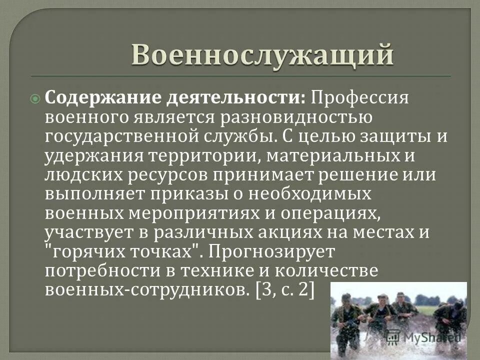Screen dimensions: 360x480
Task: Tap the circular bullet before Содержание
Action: pyautogui.click(x=35, y=99)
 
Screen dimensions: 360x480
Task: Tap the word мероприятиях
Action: pyautogui.click(x=224, y=212)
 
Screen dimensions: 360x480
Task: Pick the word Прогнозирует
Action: pyautogui.click(x=283, y=251)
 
